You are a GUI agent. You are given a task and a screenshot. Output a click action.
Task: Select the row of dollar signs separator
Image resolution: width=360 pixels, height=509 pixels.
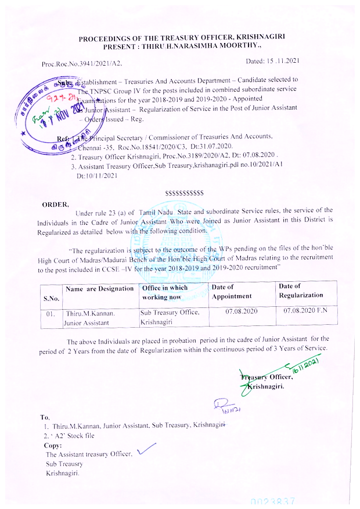click(184, 192)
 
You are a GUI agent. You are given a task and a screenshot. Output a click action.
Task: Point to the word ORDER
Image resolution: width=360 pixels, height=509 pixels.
click(55, 204)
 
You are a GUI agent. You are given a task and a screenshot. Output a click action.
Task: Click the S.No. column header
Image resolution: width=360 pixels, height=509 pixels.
click(51, 298)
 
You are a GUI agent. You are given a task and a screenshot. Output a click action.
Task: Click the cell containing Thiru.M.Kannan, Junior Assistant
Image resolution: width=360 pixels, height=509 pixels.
click(91, 317)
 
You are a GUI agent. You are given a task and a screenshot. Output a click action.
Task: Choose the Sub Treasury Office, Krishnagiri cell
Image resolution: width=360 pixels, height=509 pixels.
click(171, 317)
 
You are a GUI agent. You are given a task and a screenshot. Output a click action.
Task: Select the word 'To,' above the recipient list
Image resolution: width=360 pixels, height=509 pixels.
click(45, 417)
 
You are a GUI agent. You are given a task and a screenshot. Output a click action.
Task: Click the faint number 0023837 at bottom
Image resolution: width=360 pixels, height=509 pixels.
click(273, 500)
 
